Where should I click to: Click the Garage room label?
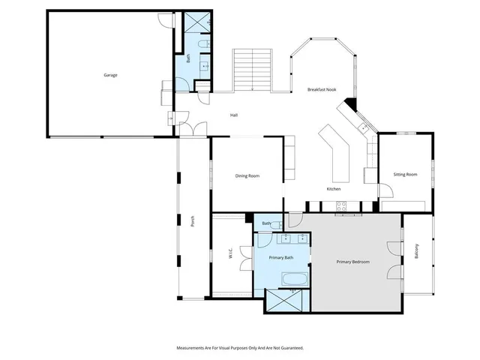pyautogui.click(x=110, y=75)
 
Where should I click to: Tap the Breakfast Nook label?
pyautogui.click(x=322, y=90)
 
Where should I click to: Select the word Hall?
pyautogui.click(x=234, y=115)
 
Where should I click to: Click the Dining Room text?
pyautogui.click(x=247, y=175)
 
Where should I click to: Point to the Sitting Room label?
pyautogui.click(x=405, y=175)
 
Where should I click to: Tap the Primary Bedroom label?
pyautogui.click(x=352, y=262)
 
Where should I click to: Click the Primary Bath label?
pyautogui.click(x=281, y=257)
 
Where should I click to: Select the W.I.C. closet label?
pyautogui.click(x=230, y=254)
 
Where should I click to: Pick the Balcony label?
pyautogui.click(x=417, y=253)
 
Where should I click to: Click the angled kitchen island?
pyautogui.click(x=336, y=154)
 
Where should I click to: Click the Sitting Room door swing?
pyautogui.click(x=368, y=175)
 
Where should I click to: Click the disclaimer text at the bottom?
pyautogui.click(x=240, y=348)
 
